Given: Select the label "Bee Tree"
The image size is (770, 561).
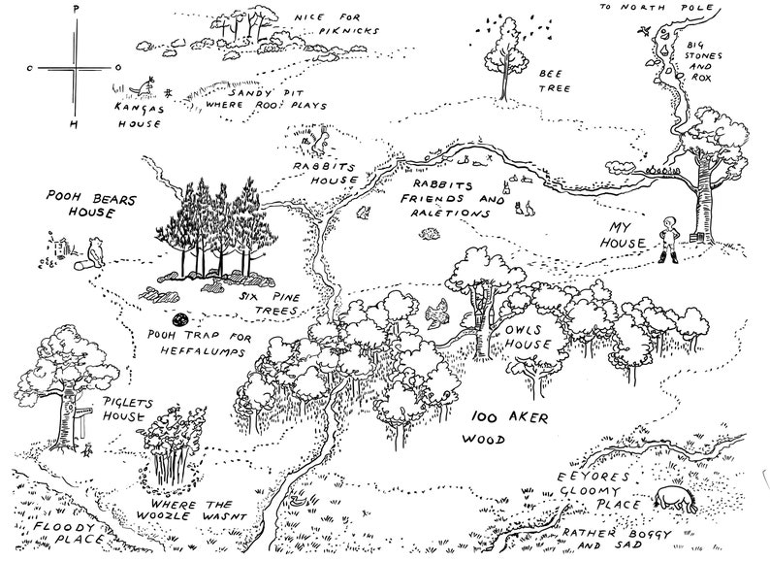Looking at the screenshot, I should point(554,79).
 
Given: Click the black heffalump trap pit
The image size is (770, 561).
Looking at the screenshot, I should point(179,318).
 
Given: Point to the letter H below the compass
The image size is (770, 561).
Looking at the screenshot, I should point(74,125).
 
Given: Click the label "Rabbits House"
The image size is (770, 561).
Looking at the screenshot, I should point(327,173).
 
